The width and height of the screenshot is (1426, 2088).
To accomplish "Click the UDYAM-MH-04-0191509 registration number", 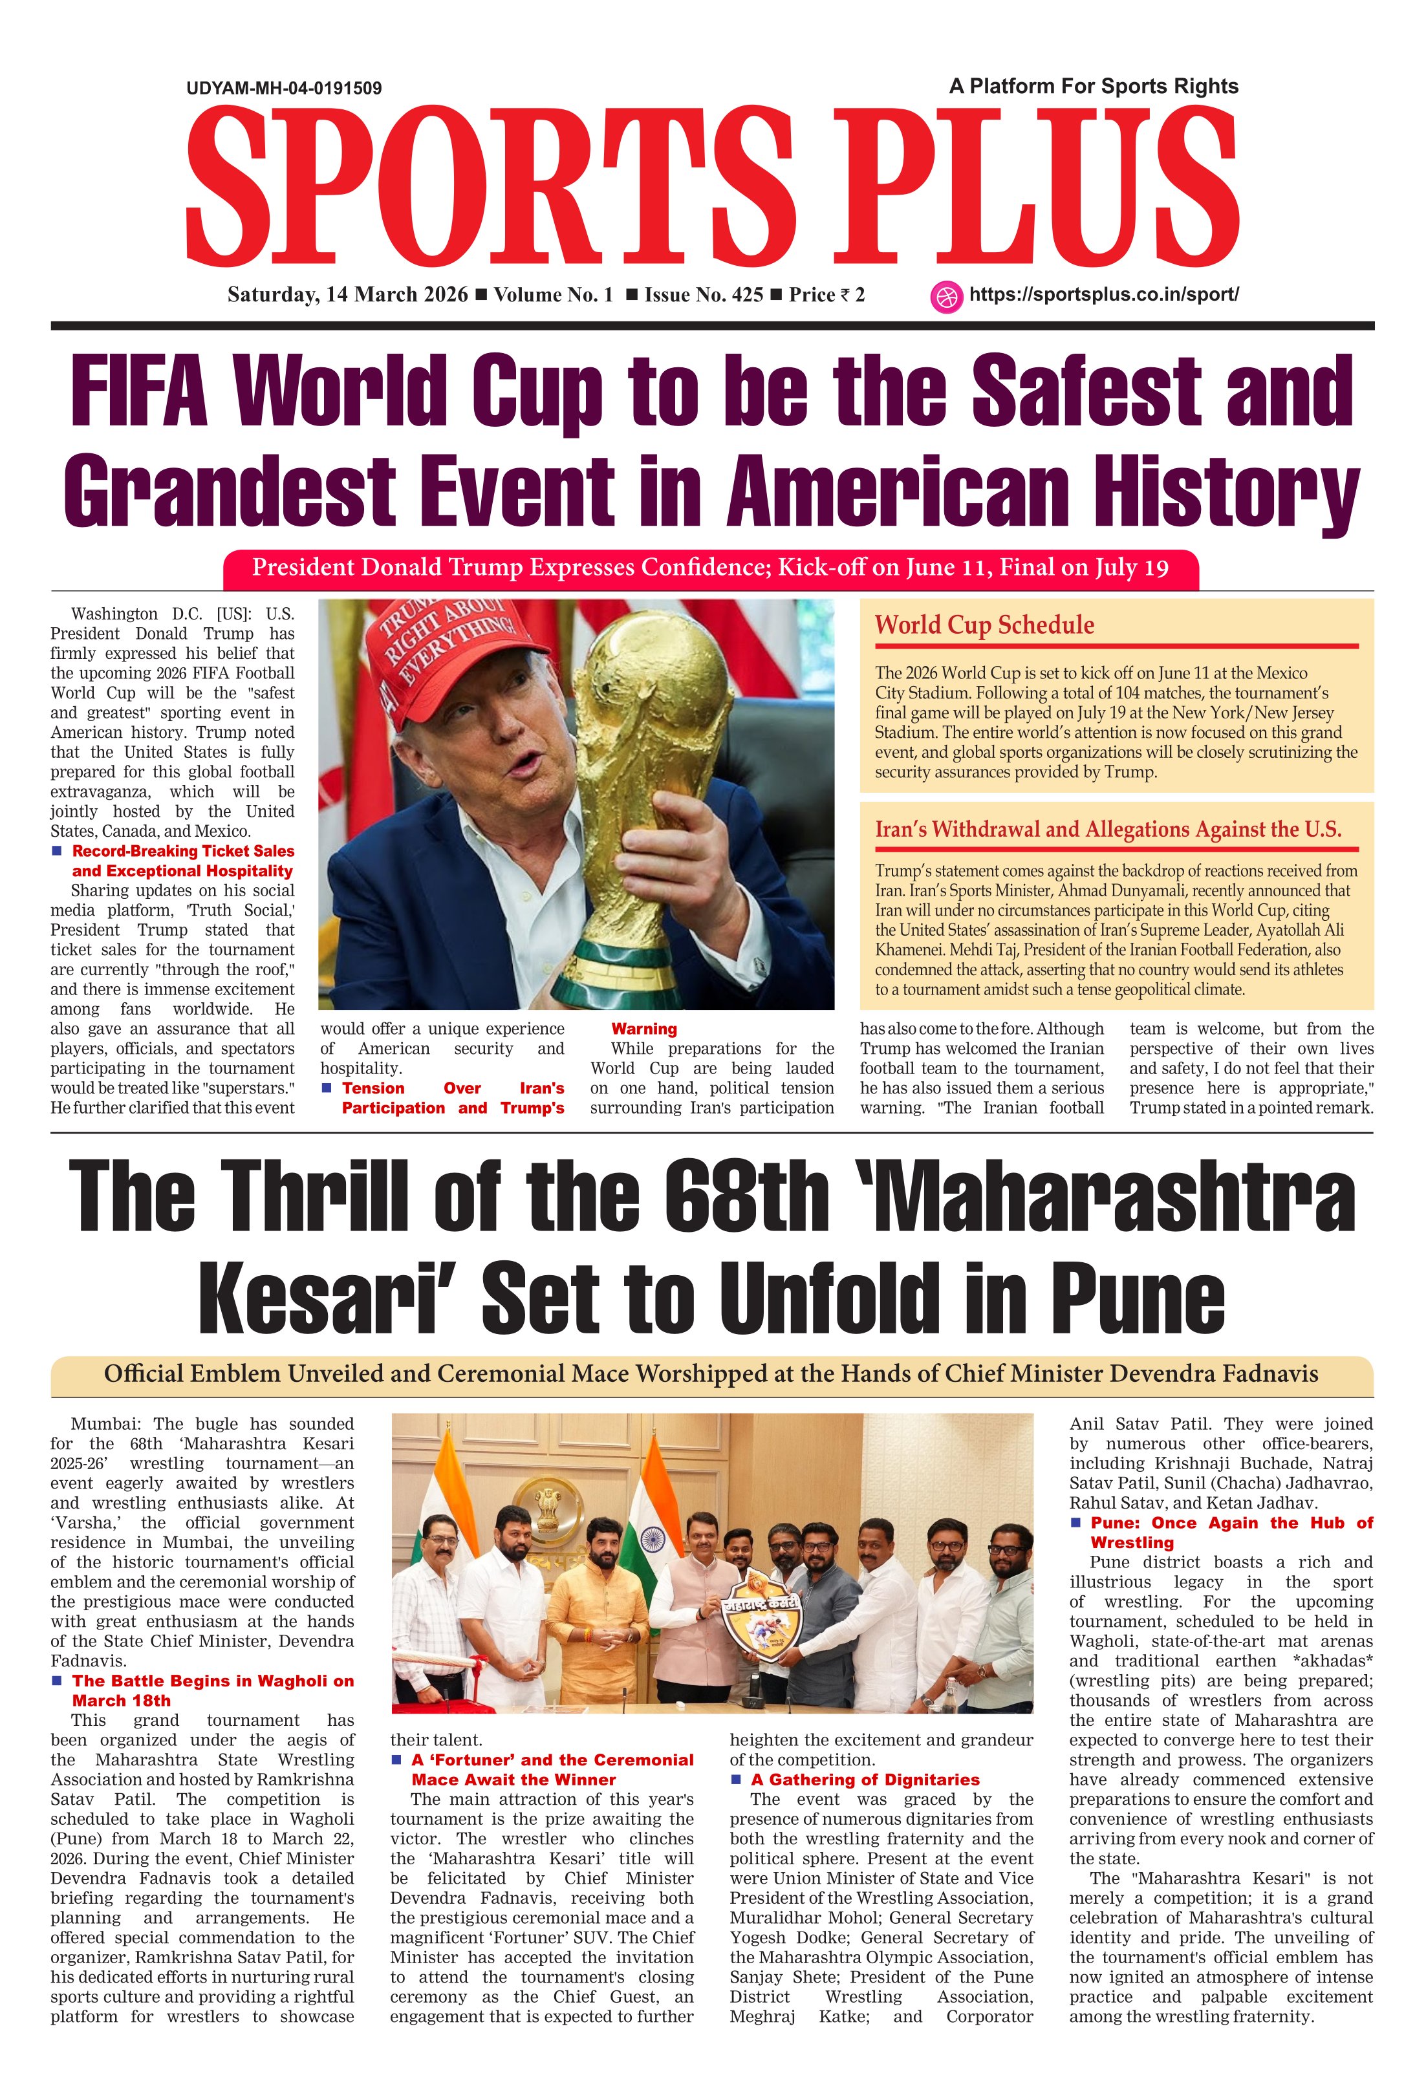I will [284, 88].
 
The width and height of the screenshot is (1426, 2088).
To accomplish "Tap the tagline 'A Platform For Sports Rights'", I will [1093, 86].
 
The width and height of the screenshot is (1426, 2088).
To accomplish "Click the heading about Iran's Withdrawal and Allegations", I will [1107, 829].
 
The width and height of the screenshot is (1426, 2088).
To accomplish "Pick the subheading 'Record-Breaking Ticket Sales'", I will [183, 851].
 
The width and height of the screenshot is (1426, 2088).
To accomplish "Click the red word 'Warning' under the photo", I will [644, 1029].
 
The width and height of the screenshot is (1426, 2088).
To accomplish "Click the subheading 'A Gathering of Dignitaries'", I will [865, 1779].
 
